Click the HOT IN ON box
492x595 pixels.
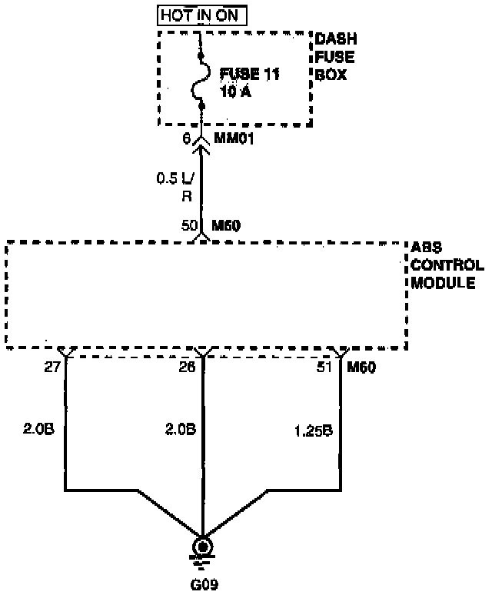click(203, 15)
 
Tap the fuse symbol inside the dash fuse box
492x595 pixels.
click(201, 82)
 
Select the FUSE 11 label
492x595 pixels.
click(249, 74)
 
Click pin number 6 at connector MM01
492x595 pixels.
click(186, 139)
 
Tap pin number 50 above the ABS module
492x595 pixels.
click(188, 226)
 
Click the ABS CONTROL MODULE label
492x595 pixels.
click(447, 266)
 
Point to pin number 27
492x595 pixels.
click(52, 367)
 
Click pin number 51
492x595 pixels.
click(324, 367)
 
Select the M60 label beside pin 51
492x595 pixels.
click(361, 367)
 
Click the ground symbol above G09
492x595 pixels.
click(202, 548)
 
